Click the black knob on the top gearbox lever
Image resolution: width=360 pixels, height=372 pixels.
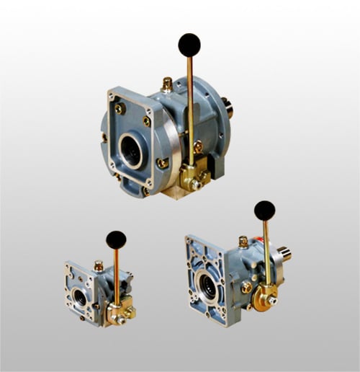[189, 45]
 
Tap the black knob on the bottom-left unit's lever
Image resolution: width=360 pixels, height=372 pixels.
[116, 240]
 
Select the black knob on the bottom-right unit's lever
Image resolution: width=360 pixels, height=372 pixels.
[264, 211]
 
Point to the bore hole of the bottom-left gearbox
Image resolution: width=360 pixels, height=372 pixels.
[80, 297]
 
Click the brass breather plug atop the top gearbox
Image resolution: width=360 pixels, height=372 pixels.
[167, 85]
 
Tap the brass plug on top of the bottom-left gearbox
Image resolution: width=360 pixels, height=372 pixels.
[99, 266]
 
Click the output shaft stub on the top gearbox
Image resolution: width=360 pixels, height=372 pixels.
[230, 110]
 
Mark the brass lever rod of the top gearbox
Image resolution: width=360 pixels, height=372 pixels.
[190, 108]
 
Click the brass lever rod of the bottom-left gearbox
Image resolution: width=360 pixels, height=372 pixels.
[117, 278]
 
